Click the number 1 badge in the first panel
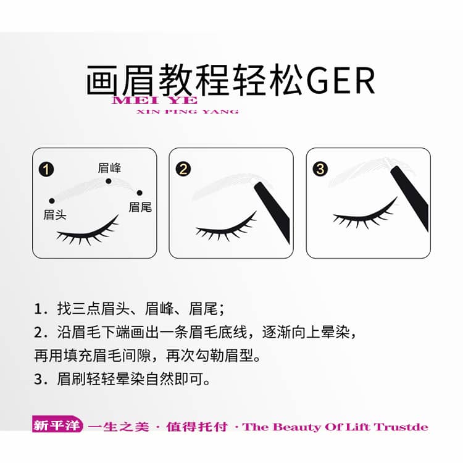pos(46,170)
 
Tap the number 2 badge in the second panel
pos(183,169)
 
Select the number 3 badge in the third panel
pos(320,169)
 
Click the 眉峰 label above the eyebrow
pos(109,168)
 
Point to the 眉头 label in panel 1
pos(54,215)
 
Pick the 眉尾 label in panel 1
pos(140,207)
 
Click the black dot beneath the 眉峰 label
pos(109,181)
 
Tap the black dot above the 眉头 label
pos(52,201)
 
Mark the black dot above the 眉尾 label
pos(140,193)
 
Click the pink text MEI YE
pos(155,100)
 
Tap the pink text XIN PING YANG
pos(188,112)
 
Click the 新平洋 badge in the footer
pos(57,425)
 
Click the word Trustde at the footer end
pos(401,427)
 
